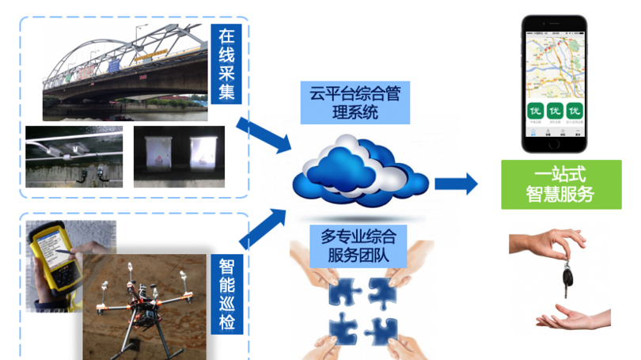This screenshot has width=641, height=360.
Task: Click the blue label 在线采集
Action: [x=227, y=66]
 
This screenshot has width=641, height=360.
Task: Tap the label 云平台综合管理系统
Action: [x=354, y=102]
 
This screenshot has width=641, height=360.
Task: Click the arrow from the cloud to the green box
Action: [x=457, y=185]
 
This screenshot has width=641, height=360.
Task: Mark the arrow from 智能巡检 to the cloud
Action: [x=264, y=225]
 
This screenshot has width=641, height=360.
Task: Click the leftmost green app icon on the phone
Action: [x=534, y=112]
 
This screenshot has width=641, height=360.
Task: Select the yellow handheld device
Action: [x=48, y=257]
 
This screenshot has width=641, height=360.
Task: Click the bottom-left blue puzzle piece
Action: [x=343, y=325]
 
